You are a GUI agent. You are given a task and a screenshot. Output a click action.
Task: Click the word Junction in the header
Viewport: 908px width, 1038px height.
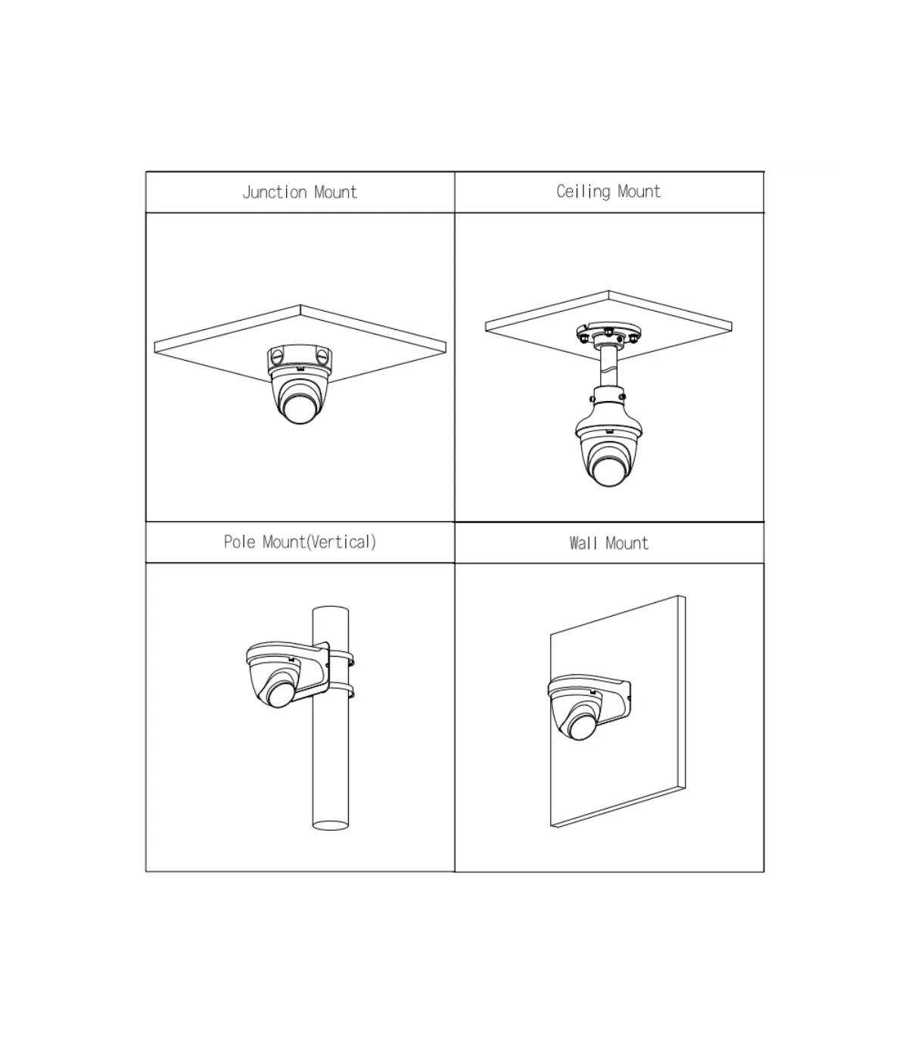coord(275,193)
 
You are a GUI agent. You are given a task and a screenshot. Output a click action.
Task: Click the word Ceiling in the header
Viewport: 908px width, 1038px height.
coord(583,191)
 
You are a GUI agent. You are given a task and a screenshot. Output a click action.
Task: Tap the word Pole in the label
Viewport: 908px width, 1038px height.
coord(239,542)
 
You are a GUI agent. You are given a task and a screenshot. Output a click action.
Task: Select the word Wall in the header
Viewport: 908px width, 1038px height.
coord(583,543)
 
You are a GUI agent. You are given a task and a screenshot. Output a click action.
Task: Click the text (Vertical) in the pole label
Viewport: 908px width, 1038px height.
coord(342,542)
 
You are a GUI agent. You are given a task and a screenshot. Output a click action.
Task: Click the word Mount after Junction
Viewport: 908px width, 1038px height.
coord(336,193)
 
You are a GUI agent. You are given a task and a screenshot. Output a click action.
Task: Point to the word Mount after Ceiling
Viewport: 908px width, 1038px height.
coord(639,191)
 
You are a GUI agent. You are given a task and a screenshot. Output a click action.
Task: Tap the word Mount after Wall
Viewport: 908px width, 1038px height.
coord(627,543)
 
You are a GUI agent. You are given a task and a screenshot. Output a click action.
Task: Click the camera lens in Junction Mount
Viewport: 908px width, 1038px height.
coord(300,409)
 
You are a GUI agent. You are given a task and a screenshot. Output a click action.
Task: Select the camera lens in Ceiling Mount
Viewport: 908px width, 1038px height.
coord(608,471)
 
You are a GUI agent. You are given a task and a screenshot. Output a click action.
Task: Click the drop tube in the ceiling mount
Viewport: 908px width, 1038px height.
coord(608,367)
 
